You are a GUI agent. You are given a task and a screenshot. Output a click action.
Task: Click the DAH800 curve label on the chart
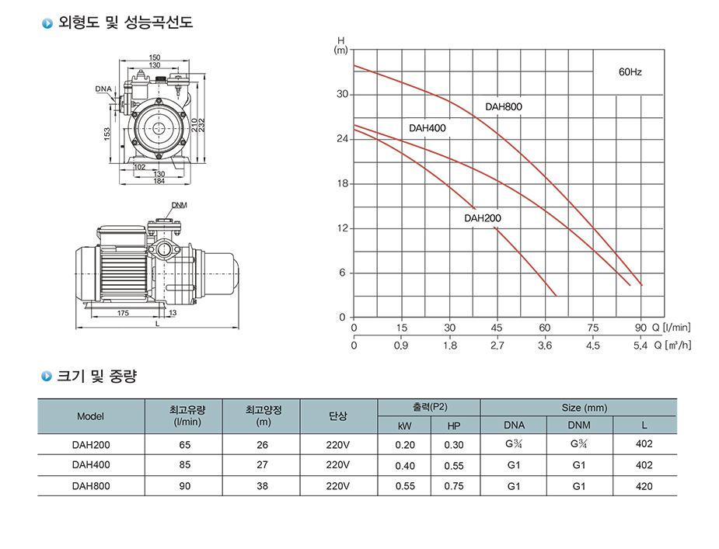504,107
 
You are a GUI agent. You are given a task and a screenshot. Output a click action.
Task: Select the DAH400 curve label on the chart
428,128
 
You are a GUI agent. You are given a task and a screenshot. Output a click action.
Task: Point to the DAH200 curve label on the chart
483,218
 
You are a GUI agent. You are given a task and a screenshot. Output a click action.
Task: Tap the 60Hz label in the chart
630,72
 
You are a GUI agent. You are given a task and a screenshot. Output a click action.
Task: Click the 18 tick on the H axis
343,184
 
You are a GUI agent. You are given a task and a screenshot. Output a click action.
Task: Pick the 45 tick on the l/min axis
497,328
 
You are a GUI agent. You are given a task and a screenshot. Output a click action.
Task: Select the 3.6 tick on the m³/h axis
545,346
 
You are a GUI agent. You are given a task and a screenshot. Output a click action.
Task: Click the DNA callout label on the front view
103,89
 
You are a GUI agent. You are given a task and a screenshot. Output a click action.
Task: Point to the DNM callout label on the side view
180,205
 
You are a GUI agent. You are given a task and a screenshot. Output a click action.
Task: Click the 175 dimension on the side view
123,313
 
